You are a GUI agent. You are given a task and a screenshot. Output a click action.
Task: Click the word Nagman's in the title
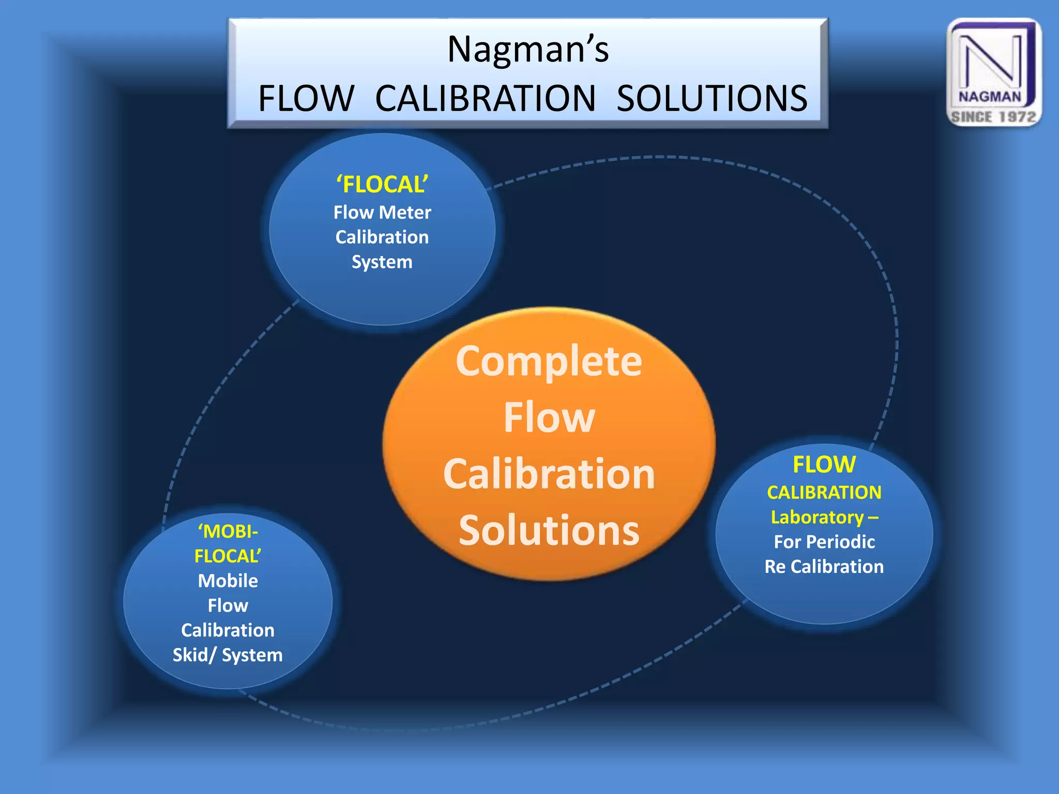(x=528, y=50)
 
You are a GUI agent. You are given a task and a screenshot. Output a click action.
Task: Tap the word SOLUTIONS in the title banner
(x=712, y=98)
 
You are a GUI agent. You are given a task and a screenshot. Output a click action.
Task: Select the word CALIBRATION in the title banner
(x=486, y=98)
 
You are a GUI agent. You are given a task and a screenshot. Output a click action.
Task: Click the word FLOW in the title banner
(x=306, y=98)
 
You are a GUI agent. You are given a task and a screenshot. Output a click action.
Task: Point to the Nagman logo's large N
(x=990, y=60)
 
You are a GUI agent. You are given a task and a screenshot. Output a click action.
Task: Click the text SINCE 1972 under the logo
(x=993, y=117)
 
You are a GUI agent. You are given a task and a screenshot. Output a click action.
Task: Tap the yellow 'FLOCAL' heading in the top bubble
(x=382, y=185)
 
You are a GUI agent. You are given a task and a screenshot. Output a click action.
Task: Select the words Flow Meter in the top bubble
(x=382, y=212)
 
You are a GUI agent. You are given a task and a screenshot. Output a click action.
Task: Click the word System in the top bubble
(x=382, y=262)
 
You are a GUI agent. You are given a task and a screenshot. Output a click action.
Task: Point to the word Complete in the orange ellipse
(x=549, y=361)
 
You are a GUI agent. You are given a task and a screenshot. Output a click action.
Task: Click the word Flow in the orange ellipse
(x=549, y=418)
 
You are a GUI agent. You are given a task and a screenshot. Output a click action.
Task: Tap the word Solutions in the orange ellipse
(x=549, y=530)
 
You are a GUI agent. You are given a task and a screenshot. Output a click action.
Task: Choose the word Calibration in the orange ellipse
(x=549, y=474)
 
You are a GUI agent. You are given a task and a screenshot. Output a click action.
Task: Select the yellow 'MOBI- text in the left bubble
(x=228, y=531)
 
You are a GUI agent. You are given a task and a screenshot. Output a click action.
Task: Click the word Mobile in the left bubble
(x=228, y=581)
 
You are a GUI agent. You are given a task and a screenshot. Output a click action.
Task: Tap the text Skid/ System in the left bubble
(x=228, y=655)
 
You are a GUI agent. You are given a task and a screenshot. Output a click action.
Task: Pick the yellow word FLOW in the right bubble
(x=824, y=464)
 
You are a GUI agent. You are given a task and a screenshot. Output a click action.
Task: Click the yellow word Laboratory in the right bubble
(x=817, y=517)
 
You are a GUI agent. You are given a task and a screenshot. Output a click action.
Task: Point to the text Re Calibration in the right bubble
(x=824, y=567)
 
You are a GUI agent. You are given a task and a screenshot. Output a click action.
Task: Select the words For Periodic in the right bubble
(x=824, y=542)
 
